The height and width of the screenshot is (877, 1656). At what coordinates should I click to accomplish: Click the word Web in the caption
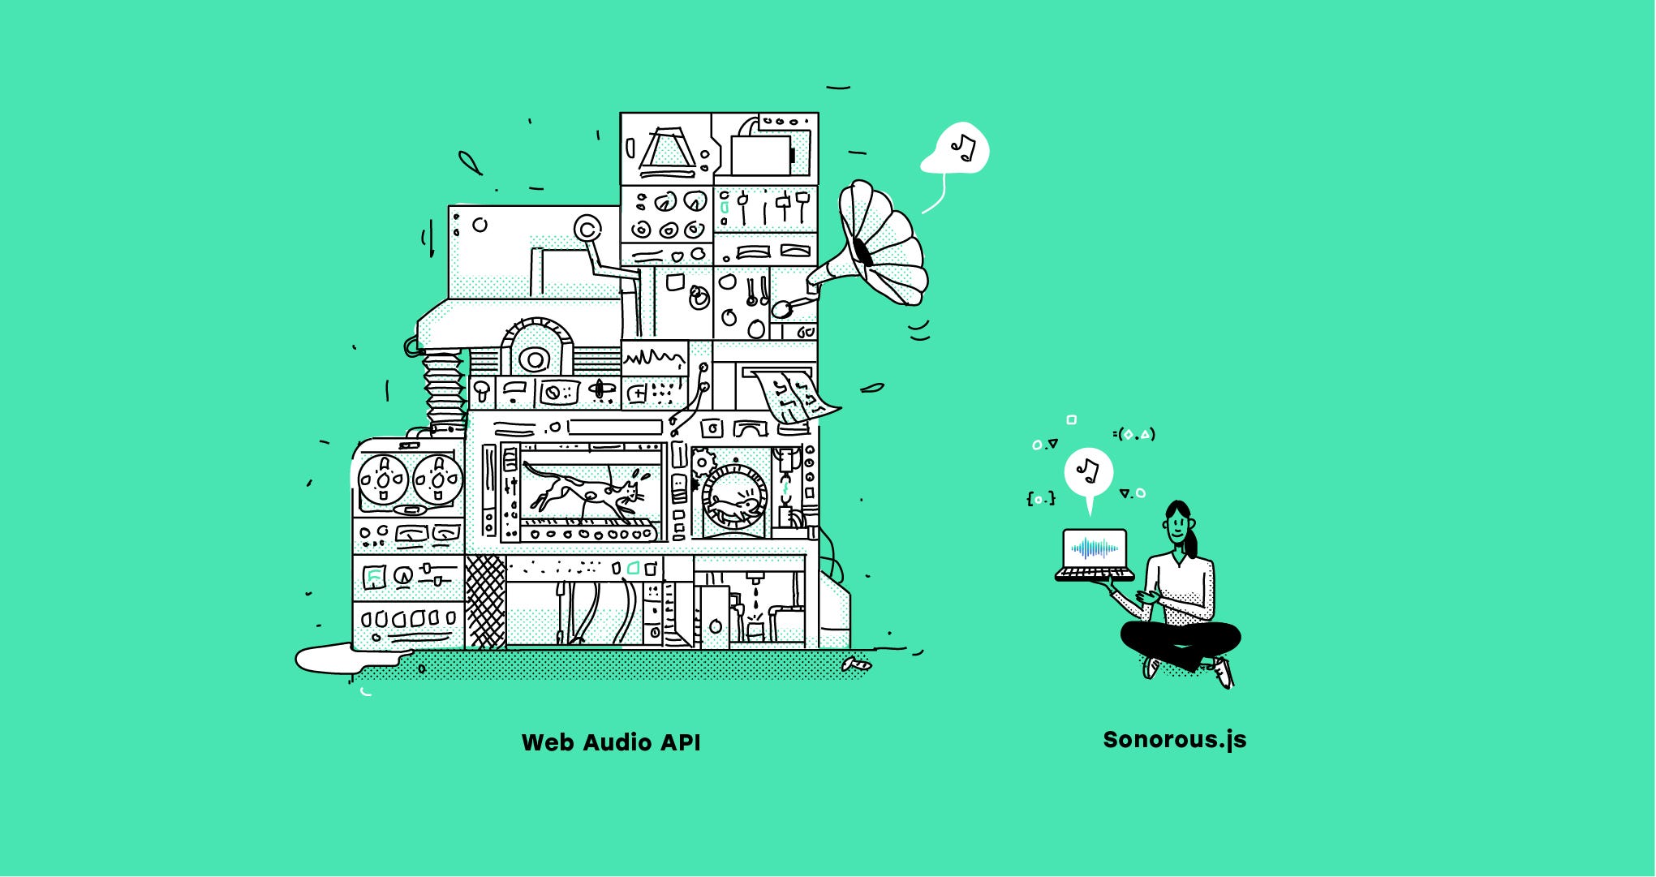[x=547, y=742]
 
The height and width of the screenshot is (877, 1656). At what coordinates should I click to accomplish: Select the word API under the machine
[x=679, y=742]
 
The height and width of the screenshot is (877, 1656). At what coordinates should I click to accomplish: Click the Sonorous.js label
[x=1174, y=740]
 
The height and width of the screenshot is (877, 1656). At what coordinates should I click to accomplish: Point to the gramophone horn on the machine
[x=880, y=243]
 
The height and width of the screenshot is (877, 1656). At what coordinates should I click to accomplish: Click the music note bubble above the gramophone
[x=960, y=148]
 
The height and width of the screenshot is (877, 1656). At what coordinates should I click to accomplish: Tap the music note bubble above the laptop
[x=1088, y=471]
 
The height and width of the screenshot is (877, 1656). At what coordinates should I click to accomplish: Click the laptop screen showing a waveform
[x=1095, y=549]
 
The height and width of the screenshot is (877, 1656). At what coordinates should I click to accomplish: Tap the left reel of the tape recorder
[x=382, y=480]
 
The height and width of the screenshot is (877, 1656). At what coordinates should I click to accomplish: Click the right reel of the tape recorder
[x=437, y=480]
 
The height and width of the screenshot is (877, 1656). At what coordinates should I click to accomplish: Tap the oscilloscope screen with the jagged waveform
[x=654, y=358]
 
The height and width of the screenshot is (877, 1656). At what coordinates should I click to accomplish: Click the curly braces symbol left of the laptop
[x=1041, y=498]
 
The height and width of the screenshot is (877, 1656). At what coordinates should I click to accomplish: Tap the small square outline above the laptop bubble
[x=1071, y=419]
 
